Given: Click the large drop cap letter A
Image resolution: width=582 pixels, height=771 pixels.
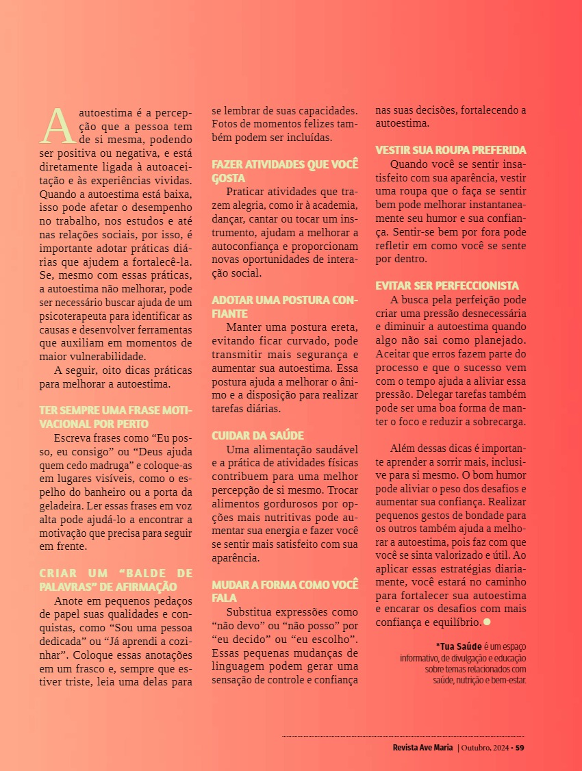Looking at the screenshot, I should (x=58, y=123).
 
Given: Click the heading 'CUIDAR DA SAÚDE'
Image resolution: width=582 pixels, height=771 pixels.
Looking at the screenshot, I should (x=257, y=435).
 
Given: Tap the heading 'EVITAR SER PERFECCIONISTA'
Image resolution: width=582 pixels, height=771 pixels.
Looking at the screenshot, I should (x=447, y=286).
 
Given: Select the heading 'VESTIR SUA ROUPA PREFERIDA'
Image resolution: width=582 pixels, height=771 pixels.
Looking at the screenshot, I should (x=451, y=150).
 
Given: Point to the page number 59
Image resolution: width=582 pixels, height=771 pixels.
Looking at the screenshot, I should (x=520, y=747).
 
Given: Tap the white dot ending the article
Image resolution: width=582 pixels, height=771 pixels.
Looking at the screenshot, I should (x=487, y=622).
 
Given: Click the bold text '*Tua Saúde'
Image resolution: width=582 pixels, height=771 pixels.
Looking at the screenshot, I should (x=459, y=646).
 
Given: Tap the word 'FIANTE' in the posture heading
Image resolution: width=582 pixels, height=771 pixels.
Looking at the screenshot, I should (x=229, y=313).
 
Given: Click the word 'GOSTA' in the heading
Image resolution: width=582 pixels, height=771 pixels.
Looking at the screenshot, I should (x=228, y=178).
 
